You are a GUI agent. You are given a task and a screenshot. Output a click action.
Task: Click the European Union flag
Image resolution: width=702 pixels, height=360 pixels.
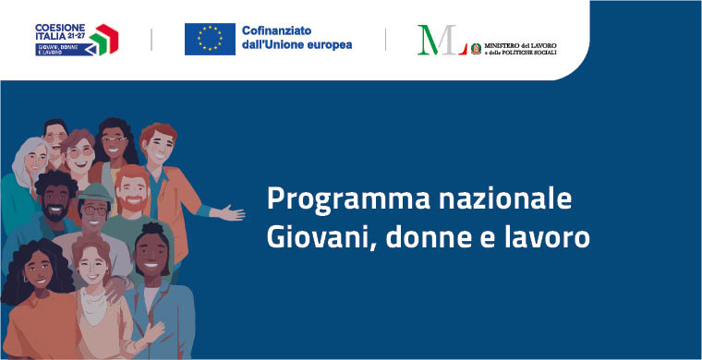tap(210, 38)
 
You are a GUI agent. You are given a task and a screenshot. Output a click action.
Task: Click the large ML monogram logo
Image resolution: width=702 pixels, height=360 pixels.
tap(441, 40)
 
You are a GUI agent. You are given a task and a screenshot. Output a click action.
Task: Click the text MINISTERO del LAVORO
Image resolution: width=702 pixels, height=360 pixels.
tap(526, 43)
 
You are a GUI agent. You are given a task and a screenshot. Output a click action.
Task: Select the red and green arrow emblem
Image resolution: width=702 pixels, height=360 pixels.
tap(104, 39)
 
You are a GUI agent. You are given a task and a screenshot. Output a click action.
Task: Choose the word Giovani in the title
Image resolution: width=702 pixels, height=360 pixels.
tap(309, 237)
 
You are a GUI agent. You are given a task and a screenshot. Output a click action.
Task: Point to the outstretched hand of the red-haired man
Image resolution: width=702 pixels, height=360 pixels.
tap(230, 213)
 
